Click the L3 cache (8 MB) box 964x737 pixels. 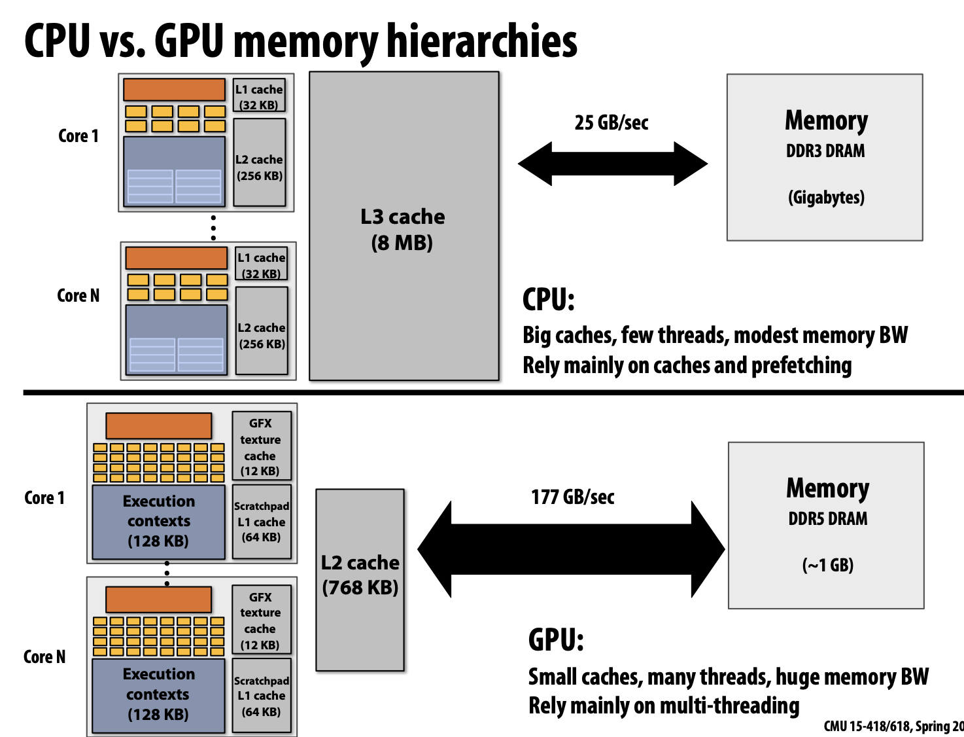pos(404,226)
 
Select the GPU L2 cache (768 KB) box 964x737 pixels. pos(360,579)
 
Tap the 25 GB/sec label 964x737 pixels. pos(611,123)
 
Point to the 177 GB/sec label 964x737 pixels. pos(572,497)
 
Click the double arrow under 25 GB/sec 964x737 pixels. pos(612,164)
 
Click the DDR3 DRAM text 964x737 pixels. pos(825,151)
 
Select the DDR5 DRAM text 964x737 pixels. pos(827,519)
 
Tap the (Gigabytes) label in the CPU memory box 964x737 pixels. pos(826,198)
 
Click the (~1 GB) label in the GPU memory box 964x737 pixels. pos(827,566)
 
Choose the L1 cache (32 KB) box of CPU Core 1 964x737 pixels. pos(260,96)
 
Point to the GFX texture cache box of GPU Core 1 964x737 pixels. pos(261,446)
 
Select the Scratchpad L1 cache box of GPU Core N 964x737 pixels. pos(262,696)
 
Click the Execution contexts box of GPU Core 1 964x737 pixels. pos(159,522)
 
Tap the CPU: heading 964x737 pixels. pos(548,300)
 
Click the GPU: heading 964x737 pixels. pos(556,639)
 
